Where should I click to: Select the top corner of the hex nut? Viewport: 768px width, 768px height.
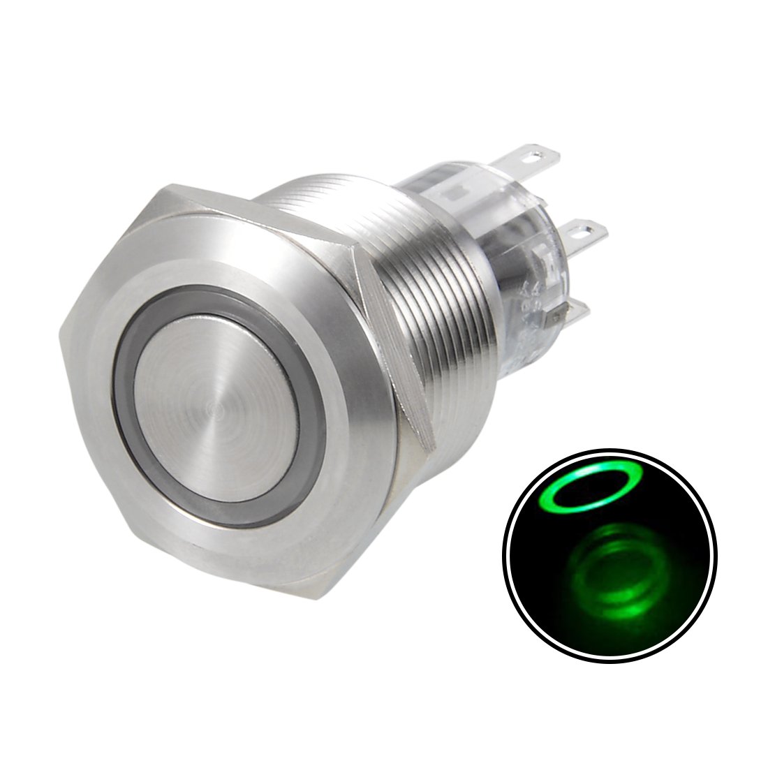coord(171,185)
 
